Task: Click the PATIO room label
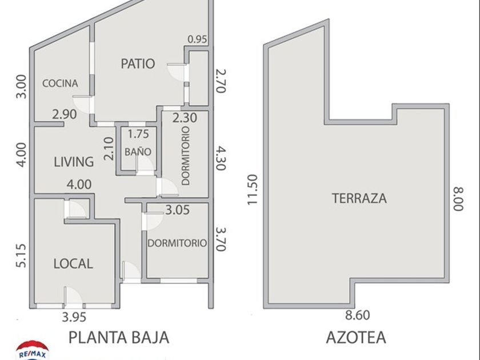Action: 138,63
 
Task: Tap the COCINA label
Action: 60,83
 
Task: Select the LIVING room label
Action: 74,162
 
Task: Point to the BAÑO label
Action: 138,151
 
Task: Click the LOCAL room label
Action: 73,263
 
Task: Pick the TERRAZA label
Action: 359,198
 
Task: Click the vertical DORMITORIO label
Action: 186,156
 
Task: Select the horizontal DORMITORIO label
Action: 177,243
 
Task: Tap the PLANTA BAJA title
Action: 119,337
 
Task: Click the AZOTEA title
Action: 355,337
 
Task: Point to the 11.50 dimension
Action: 253,190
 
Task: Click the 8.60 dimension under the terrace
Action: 358,315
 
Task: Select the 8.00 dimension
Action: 458,199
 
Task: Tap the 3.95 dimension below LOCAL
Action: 74,317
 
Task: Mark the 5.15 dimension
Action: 22,255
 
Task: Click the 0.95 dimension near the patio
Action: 197,39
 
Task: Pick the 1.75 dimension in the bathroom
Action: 138,134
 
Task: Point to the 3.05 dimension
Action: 178,210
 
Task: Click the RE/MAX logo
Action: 32,351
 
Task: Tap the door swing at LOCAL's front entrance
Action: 73,297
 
